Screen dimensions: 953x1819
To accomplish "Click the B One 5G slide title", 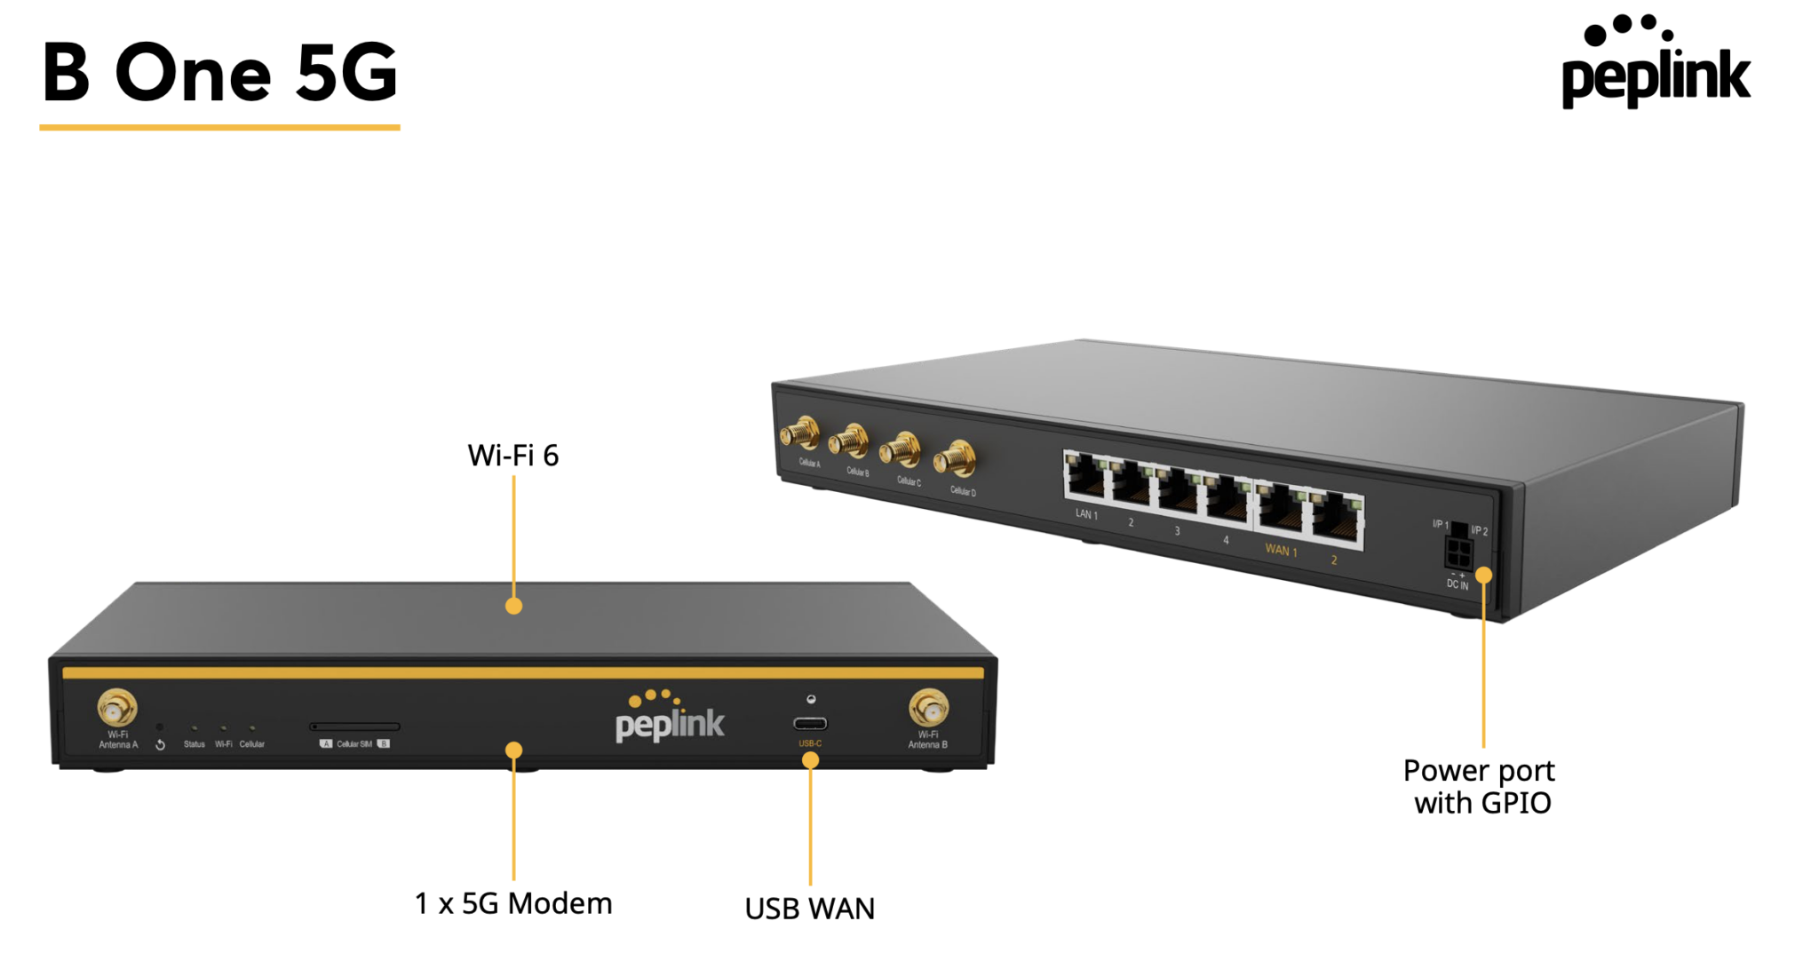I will [x=219, y=73].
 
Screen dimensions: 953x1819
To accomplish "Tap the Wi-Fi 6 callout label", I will [x=512, y=456].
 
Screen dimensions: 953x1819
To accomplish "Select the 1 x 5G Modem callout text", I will [x=512, y=903].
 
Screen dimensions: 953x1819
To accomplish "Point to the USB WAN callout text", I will [x=809, y=909].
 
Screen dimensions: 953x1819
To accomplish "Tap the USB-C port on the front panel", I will [x=810, y=724].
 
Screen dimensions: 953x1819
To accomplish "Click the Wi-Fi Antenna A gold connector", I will [x=116, y=708].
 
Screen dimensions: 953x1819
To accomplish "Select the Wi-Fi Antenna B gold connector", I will [x=928, y=708].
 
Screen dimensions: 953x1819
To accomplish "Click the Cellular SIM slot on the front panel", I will [x=354, y=727].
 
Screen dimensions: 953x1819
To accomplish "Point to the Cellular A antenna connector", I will [x=800, y=434].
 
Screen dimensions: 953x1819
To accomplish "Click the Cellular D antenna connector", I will [x=956, y=459].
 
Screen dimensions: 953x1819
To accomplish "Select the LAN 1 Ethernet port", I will [x=1085, y=476].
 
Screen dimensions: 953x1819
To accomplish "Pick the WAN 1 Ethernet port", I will [x=1279, y=508].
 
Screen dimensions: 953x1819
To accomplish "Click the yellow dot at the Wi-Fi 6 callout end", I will [x=513, y=607].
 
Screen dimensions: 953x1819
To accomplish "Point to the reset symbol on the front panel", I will [x=160, y=744].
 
